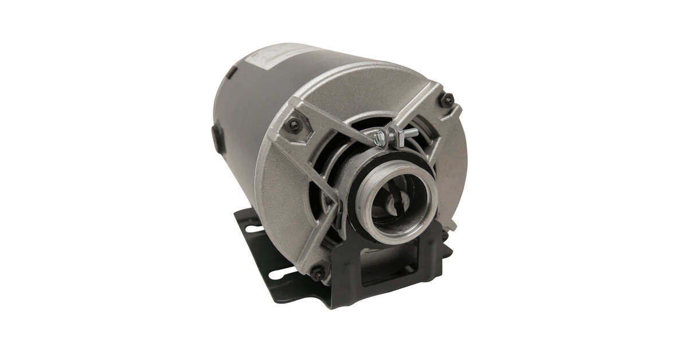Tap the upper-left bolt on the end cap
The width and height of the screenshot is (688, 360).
[x=294, y=125]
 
